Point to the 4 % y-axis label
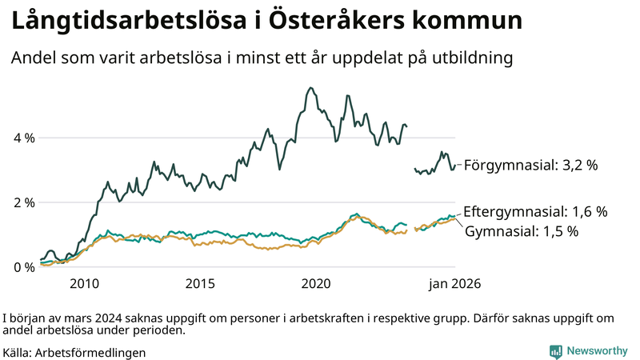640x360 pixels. click(x=24, y=138)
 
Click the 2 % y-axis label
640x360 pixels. click(x=24, y=202)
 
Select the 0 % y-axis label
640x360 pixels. click(x=24, y=267)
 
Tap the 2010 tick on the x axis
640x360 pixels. click(x=84, y=284)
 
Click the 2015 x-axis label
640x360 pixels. click(x=200, y=284)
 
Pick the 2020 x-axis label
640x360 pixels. click(x=317, y=284)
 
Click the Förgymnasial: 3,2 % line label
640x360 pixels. click(x=531, y=166)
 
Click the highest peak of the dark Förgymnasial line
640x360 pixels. click(x=310, y=88)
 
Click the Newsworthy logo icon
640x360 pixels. click(x=555, y=351)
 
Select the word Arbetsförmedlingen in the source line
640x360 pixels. click(x=90, y=352)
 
